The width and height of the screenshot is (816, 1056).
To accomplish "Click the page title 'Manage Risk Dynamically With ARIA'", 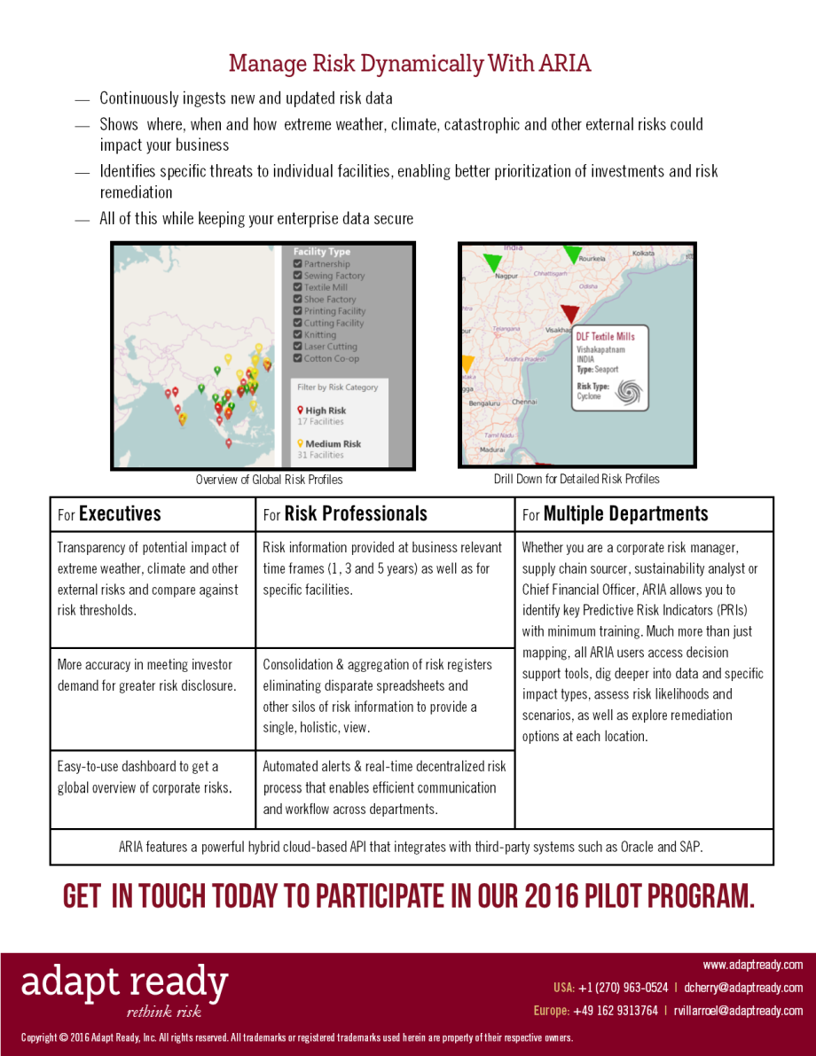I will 409,64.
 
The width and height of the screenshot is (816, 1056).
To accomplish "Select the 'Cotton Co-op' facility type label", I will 331,358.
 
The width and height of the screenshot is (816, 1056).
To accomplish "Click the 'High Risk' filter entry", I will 325,411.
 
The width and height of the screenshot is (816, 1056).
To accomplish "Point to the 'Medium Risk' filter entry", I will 332,443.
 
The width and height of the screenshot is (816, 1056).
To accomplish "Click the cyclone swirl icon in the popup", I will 629,391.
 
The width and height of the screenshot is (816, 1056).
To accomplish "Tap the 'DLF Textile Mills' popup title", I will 605,337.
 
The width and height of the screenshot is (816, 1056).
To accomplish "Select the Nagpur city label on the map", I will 506,277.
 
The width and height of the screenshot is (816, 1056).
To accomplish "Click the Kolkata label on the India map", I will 643,254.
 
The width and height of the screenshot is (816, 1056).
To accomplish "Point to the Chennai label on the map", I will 524,402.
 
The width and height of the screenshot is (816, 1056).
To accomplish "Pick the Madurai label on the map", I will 492,450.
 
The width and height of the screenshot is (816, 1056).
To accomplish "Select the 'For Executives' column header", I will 109,514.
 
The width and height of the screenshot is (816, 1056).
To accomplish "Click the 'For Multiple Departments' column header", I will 615,514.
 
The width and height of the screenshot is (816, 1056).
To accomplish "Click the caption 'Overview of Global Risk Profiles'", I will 269,480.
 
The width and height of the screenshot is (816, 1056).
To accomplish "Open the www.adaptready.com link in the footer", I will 752,965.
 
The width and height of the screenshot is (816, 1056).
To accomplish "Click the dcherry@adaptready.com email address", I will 743,988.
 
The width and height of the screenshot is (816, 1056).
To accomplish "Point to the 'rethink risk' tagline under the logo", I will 164,1012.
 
